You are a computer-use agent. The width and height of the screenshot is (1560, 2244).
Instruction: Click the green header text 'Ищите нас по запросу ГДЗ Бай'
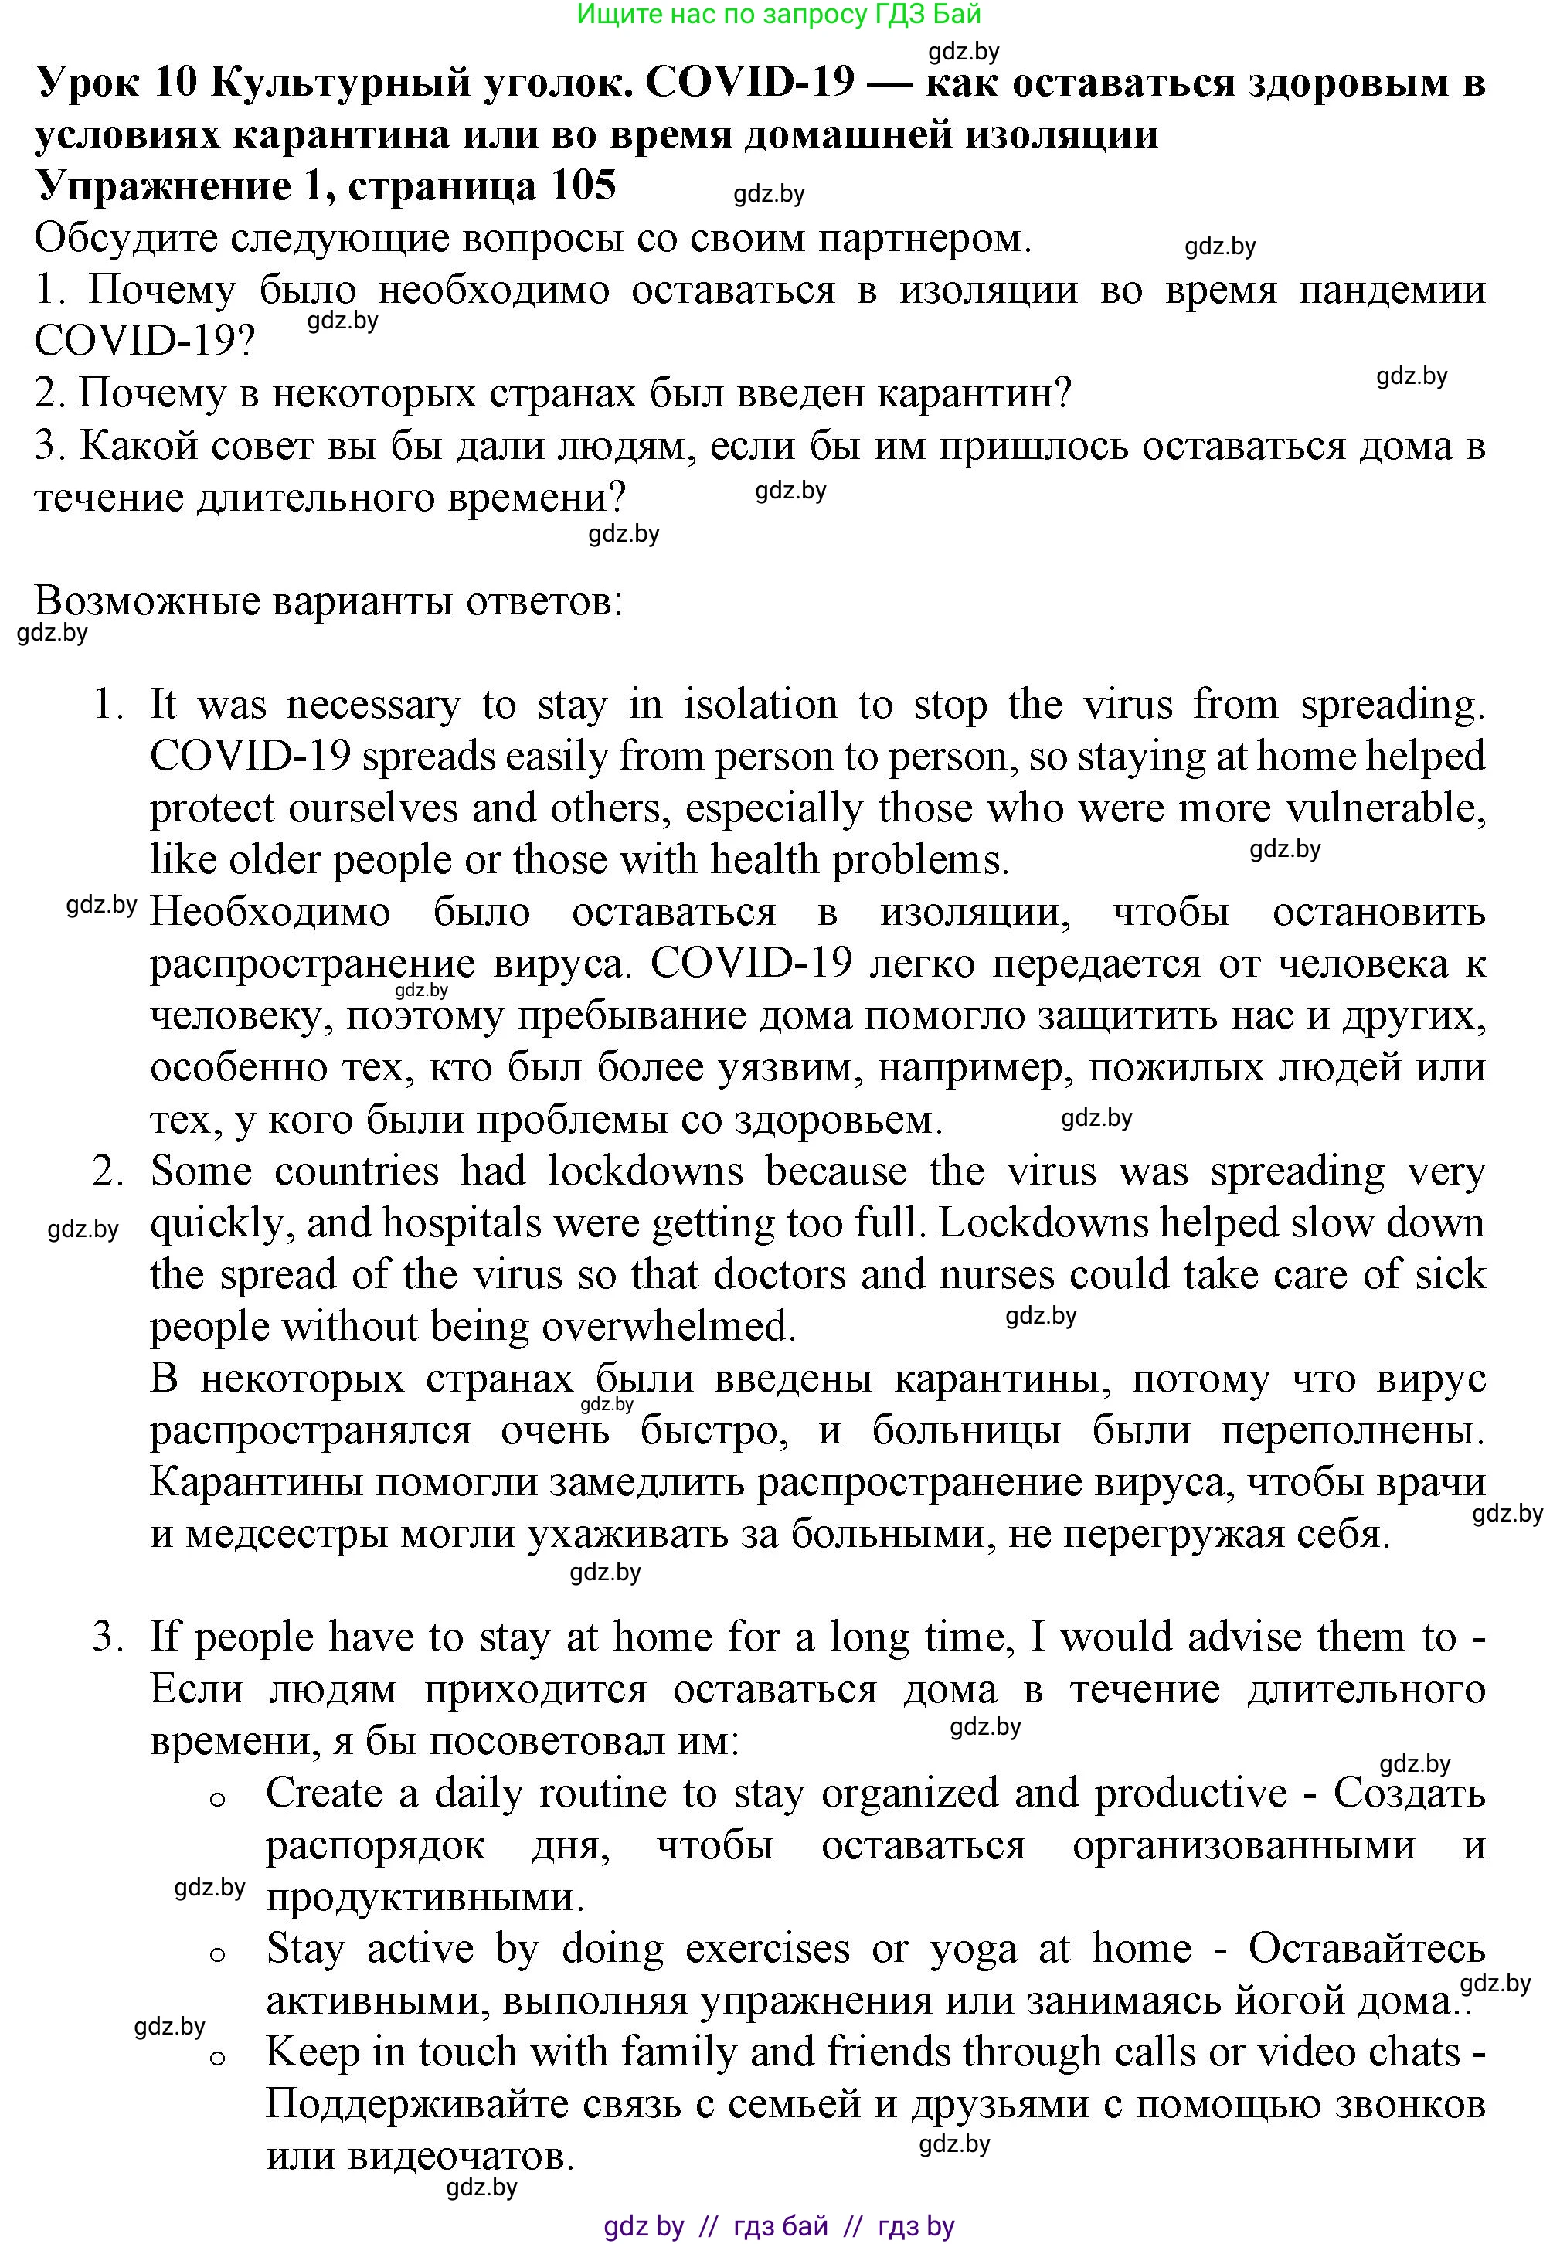[779, 15]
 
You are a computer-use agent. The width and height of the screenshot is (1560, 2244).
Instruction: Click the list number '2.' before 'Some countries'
[107, 1171]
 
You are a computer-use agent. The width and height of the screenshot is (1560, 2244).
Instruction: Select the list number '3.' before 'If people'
[107, 1637]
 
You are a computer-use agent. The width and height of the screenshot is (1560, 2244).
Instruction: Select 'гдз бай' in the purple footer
[780, 2226]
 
